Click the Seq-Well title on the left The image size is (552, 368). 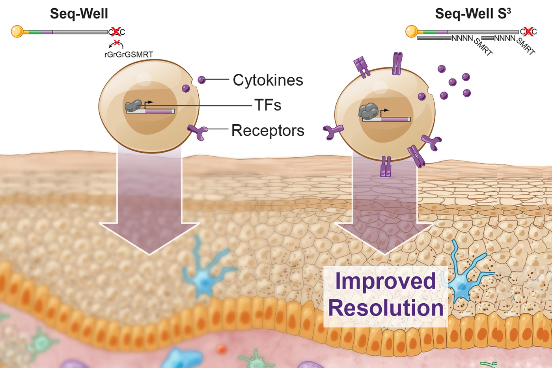(79, 14)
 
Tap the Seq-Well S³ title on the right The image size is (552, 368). (472, 14)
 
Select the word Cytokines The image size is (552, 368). (268, 80)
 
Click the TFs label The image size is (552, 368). (268, 105)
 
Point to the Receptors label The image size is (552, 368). (268, 131)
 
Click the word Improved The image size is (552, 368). (385, 281)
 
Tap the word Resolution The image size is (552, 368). (386, 308)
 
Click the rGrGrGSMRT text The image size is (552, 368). (129, 54)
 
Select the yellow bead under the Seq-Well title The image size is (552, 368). (17, 31)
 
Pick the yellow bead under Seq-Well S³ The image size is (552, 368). (411, 31)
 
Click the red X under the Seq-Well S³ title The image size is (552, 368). (528, 32)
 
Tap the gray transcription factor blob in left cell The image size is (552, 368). (133, 105)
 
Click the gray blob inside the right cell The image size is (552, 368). (369, 111)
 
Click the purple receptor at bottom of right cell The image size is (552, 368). (386, 167)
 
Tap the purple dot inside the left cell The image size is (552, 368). (186, 88)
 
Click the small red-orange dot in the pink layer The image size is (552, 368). (222, 349)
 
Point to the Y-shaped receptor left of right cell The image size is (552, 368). (333, 131)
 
